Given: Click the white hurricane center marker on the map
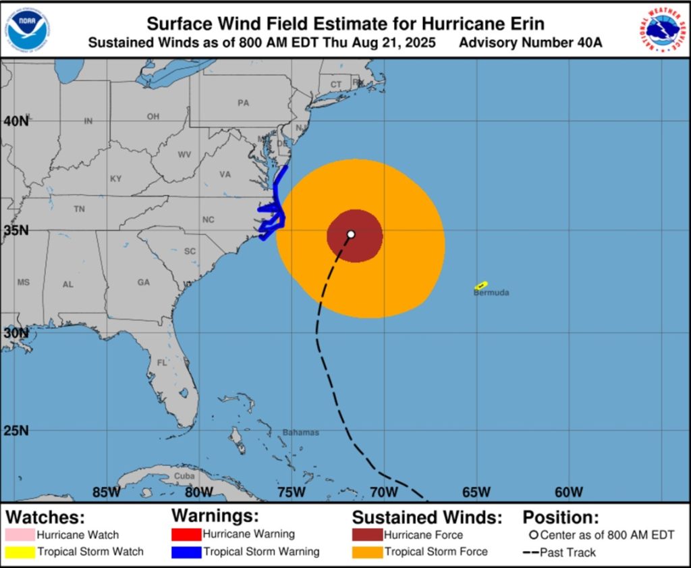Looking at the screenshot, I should pyautogui.click(x=351, y=234).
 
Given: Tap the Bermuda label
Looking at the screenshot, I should pyautogui.click(x=491, y=293).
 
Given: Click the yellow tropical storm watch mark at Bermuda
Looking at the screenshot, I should pyautogui.click(x=481, y=286).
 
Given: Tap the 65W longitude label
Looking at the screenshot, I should pyautogui.click(x=476, y=492).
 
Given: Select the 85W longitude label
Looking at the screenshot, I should pyautogui.click(x=107, y=492).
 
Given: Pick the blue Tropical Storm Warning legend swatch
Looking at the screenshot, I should pyautogui.click(x=186, y=552).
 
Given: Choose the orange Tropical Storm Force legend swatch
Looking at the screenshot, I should pyautogui.click(x=366, y=552).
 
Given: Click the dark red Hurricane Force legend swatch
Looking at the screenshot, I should pyautogui.click(x=366, y=535).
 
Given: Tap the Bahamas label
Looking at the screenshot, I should pyautogui.click(x=300, y=432).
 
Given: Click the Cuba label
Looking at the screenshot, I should pyautogui.click(x=184, y=475).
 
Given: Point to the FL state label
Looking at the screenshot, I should pyautogui.click(x=162, y=363).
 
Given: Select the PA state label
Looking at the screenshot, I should pyautogui.click(x=243, y=103).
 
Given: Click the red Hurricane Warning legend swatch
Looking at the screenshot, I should pyautogui.click(x=186, y=535).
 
